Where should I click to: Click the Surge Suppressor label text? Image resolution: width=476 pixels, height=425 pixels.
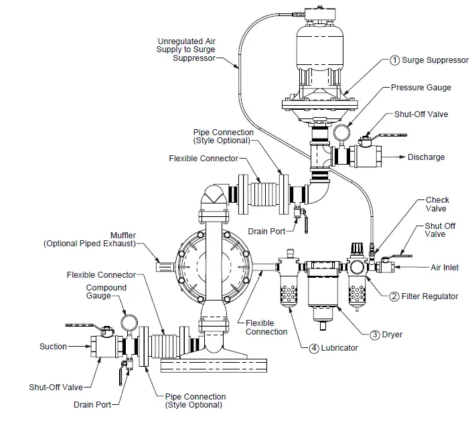click(x=434, y=60)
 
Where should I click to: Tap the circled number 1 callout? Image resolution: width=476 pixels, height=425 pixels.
click(x=394, y=60)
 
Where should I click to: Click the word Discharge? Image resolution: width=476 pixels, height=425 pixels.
click(x=426, y=157)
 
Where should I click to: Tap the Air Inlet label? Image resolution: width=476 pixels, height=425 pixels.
click(x=445, y=268)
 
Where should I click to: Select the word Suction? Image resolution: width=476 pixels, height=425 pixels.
click(x=53, y=347)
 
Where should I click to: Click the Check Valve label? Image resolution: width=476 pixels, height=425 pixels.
click(x=437, y=204)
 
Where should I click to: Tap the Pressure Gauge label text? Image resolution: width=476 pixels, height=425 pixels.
click(x=421, y=87)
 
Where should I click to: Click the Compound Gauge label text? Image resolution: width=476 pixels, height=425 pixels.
click(x=106, y=292)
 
